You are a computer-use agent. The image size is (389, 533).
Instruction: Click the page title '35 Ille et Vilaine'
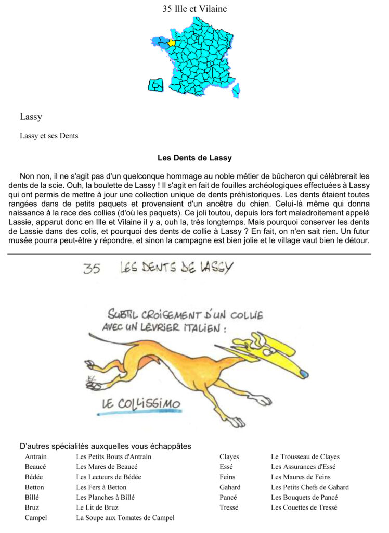tap(194, 9)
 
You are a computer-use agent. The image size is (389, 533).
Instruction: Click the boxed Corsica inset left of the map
tap(155, 84)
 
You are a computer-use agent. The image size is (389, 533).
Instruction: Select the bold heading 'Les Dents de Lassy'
tap(194, 158)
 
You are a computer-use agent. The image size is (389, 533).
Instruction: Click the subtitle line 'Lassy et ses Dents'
tap(49, 136)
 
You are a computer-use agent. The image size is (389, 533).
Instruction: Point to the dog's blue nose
tap(305, 374)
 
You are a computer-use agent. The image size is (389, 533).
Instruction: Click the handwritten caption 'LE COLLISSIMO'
tap(141, 403)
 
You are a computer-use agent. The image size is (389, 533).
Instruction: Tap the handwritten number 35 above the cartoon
tap(92, 269)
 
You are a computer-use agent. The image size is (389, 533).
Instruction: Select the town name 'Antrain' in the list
tap(35, 457)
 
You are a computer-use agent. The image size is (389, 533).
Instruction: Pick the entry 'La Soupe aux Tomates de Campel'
tap(125, 517)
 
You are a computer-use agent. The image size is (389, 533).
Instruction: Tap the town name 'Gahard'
tap(230, 487)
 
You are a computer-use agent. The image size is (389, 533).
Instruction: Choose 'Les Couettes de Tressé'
tap(304, 507)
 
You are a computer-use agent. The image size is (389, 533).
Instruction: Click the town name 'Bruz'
tap(32, 507)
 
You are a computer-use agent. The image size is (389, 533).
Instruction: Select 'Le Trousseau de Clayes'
tap(305, 457)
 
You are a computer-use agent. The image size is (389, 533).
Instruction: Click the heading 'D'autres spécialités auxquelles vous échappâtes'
tap(105, 446)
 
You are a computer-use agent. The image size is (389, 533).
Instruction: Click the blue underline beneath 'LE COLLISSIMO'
tap(140, 413)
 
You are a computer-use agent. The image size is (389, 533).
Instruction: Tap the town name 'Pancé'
tap(228, 497)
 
